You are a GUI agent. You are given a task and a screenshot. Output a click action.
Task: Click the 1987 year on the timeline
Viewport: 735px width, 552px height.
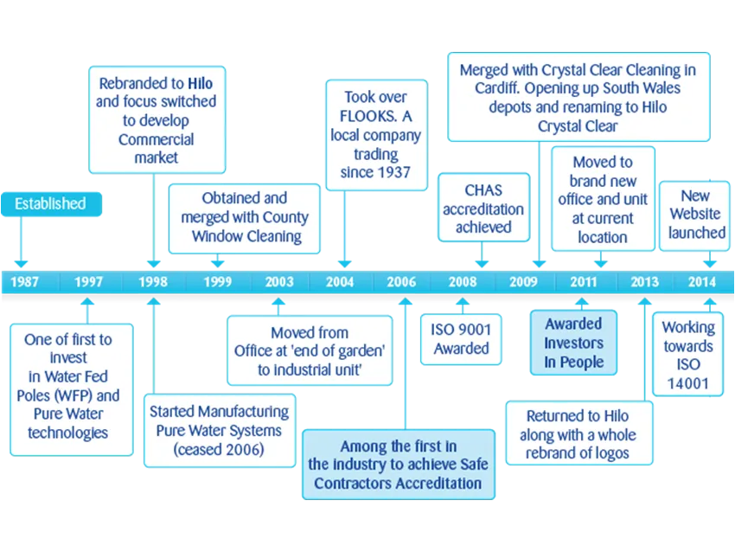[x=24, y=282]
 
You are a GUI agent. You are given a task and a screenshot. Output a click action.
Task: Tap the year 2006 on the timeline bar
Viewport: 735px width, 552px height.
[x=401, y=282]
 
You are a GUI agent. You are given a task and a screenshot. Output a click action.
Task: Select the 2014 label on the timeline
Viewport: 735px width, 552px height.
[x=702, y=282]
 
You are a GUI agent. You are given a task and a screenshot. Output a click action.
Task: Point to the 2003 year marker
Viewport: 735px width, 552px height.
[x=279, y=282]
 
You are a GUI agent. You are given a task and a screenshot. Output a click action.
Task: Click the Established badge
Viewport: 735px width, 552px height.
[x=51, y=204]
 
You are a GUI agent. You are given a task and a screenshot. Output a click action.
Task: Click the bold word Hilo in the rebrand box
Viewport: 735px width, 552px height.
[x=200, y=83]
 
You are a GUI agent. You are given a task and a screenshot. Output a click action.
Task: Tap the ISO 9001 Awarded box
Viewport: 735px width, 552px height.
[x=461, y=339]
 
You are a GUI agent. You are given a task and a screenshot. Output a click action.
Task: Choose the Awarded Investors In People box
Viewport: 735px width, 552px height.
[x=573, y=343]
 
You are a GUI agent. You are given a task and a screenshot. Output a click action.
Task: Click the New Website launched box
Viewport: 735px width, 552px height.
[x=694, y=215]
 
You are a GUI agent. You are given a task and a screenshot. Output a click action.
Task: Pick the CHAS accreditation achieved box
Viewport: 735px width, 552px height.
[x=483, y=208]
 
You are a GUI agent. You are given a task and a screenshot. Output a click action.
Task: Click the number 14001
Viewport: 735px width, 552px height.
[x=687, y=383]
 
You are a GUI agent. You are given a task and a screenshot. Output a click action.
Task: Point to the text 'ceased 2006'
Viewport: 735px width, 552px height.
[x=219, y=450]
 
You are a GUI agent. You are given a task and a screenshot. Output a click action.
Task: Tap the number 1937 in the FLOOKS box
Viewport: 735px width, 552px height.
[x=393, y=172]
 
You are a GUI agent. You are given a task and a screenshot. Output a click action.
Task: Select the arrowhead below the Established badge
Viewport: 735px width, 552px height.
[x=21, y=264]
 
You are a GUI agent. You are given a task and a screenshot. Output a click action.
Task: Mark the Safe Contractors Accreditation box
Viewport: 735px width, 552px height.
[x=399, y=465]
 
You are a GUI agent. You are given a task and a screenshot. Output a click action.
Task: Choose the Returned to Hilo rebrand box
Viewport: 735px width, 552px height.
[x=578, y=433]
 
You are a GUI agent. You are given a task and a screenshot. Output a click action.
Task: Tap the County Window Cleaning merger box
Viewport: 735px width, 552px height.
[x=244, y=219]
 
